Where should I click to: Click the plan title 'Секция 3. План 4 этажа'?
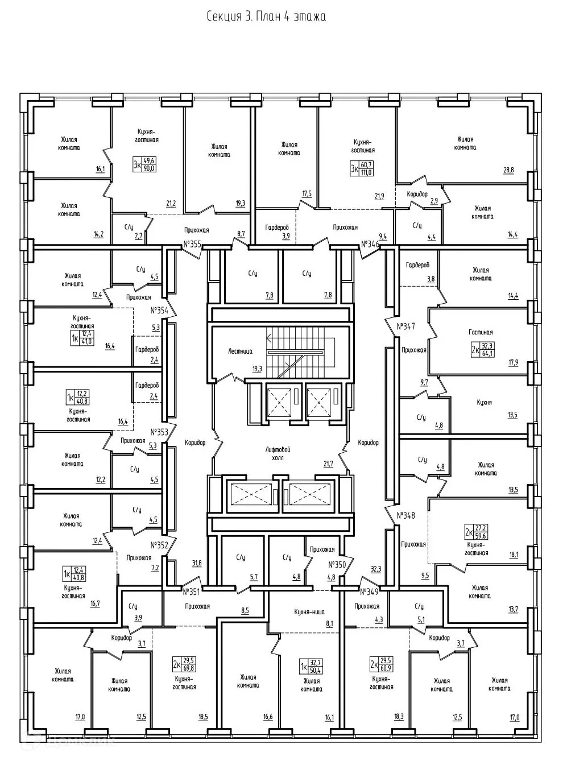pos(266,16)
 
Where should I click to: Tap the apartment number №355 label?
pos(192,245)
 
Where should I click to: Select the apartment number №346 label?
pos(370,244)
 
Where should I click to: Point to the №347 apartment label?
pos(406,326)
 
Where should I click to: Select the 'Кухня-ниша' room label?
pos(309,611)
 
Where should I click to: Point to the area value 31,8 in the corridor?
pos(197,563)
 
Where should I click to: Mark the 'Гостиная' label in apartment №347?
pos(481,332)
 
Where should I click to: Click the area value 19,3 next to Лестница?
pos(257,369)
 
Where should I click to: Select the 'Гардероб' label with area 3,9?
pos(276,227)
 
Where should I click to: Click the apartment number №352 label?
pos(160,544)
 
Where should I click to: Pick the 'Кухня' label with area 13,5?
pos(484,402)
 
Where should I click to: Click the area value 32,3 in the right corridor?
pos(375,568)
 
